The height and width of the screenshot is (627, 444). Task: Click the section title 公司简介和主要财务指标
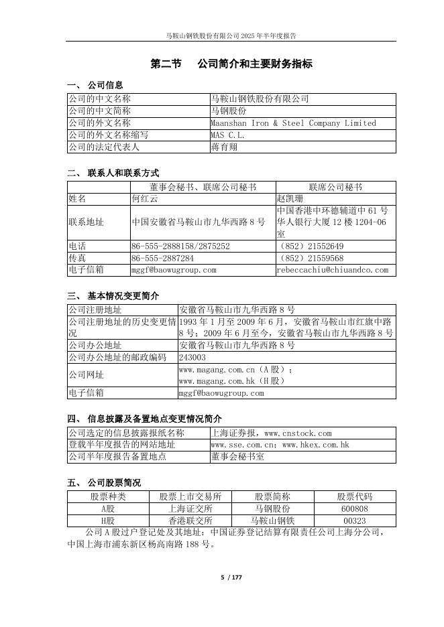255,64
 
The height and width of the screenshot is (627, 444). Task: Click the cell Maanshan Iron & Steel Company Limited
293,123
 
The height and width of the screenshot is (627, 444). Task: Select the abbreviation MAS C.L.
228,135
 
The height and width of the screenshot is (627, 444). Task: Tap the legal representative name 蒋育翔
224,147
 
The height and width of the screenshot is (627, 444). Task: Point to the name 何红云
145,199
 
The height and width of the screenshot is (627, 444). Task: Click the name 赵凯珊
290,199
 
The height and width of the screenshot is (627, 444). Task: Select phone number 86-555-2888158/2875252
180,247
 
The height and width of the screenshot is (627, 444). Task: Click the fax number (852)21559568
310,258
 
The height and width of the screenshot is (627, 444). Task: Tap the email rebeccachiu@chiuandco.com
333,270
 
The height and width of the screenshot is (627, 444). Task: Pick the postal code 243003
192,358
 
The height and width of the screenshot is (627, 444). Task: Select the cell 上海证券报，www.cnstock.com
271,433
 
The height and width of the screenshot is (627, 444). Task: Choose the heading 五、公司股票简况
104,482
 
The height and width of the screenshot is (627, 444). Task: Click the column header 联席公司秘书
335,187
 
